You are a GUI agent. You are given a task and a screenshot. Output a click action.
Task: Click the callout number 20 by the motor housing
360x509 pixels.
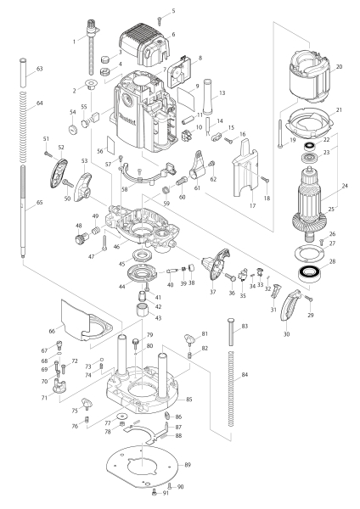(339, 65)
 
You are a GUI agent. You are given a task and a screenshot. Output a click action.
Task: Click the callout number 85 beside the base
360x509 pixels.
(188, 399)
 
